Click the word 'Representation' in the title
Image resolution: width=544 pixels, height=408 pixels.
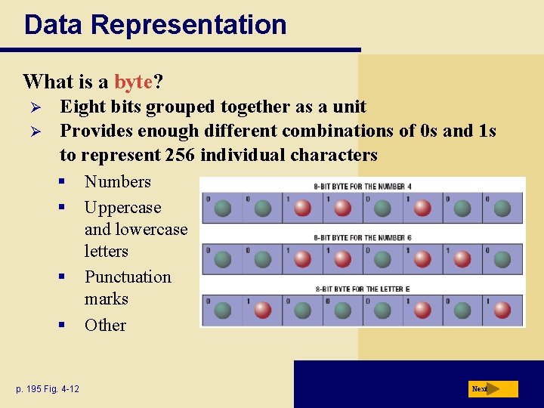tap(189, 24)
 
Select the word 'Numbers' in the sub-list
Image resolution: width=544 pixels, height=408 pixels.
tap(118, 181)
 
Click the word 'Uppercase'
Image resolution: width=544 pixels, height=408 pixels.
tap(122, 207)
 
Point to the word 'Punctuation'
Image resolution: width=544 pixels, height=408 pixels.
tap(128, 277)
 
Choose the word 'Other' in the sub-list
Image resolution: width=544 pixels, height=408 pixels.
tap(105, 325)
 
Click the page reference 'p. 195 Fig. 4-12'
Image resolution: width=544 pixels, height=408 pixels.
tap(48, 388)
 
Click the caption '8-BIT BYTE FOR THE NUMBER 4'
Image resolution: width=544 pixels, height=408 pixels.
tap(363, 187)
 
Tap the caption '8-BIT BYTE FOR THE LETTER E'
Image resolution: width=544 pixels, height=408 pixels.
tap(363, 289)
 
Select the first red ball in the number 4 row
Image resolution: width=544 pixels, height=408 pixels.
tap(302, 208)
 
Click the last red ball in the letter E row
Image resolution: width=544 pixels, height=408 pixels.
tap(502, 310)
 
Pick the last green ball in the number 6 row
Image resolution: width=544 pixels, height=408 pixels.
tap(502, 259)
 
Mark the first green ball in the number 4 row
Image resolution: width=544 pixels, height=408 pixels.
tap(222, 208)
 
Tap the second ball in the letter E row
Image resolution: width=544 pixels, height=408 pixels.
tap(262, 310)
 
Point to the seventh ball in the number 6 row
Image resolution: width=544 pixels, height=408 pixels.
tap(462, 259)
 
